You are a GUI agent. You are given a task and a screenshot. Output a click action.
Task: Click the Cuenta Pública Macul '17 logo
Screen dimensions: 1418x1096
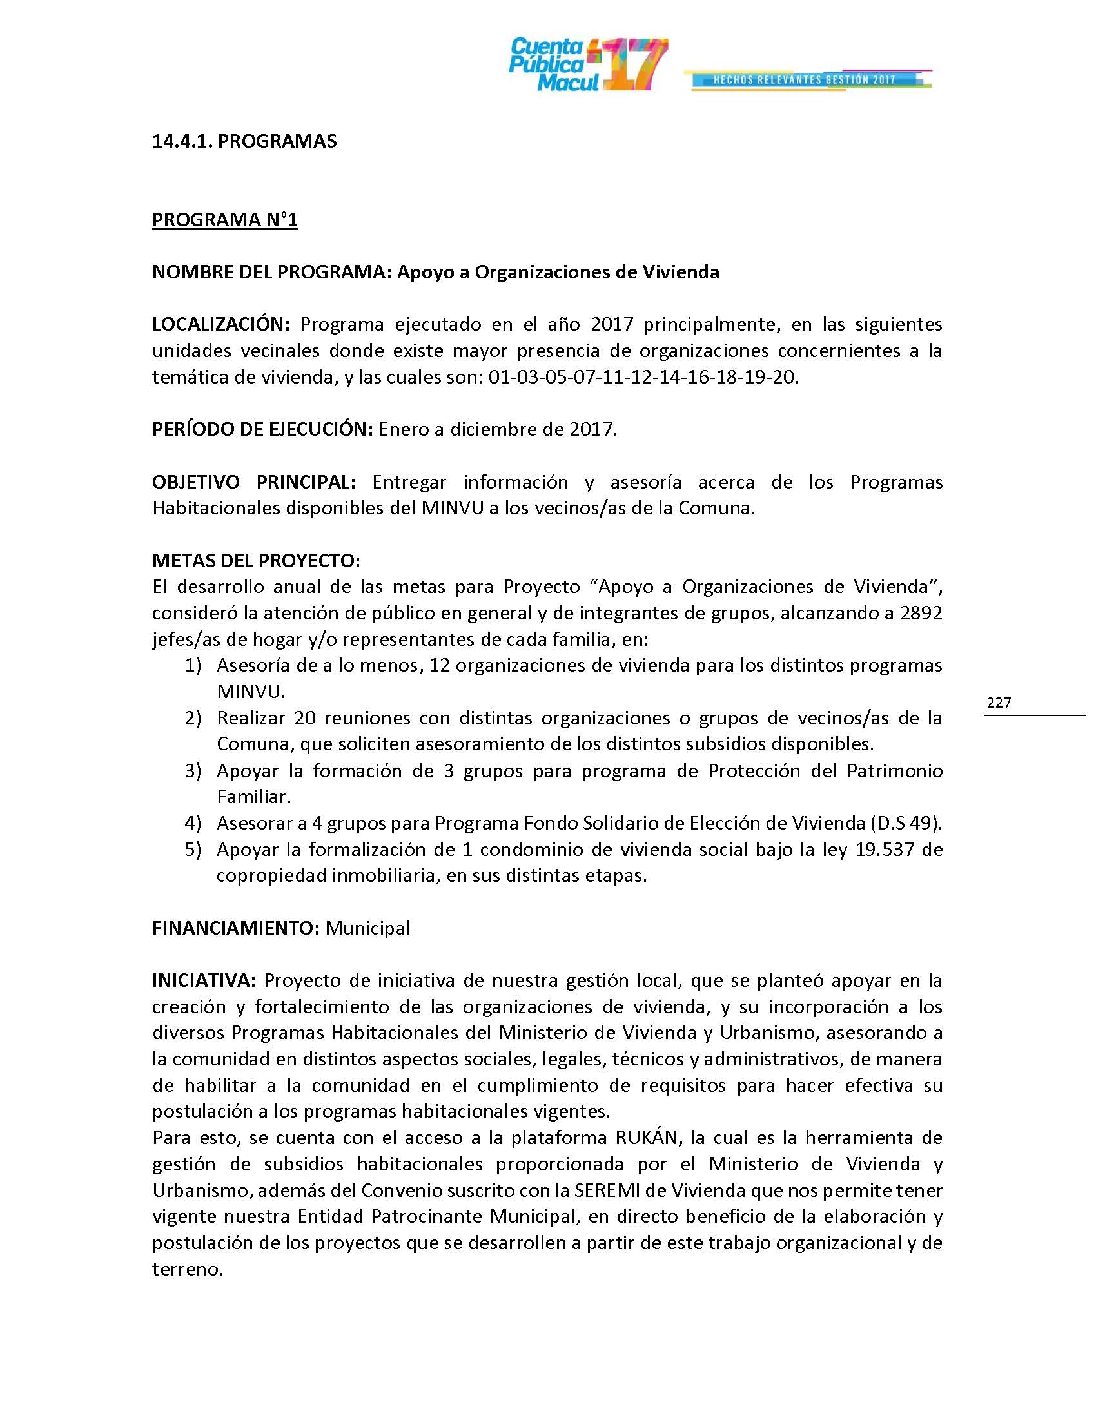tap(587, 64)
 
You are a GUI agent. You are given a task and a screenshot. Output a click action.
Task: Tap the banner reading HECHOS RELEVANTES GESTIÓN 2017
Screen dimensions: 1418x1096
tap(805, 79)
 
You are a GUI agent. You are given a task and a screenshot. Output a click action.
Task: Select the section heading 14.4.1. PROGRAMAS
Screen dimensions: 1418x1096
tap(244, 142)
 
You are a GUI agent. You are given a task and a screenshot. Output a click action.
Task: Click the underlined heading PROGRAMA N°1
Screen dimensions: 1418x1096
tap(224, 220)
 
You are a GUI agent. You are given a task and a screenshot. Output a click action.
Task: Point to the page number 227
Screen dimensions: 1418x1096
tap(999, 702)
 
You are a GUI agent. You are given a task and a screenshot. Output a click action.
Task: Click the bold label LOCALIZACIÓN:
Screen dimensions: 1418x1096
tap(220, 324)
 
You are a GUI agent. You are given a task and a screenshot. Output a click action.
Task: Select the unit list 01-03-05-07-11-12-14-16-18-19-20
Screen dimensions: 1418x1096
tap(642, 377)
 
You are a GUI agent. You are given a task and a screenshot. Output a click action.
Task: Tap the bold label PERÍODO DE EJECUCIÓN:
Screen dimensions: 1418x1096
tap(262, 429)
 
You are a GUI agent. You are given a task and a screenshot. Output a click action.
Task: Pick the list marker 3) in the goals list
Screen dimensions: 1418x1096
tap(193, 771)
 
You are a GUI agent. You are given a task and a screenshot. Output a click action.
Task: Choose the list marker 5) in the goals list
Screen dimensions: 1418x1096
tap(193, 850)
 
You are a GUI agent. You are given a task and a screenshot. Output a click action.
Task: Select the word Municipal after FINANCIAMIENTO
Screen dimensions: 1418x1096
tap(367, 928)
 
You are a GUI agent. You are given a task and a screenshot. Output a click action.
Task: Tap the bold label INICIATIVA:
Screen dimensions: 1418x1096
tap(204, 980)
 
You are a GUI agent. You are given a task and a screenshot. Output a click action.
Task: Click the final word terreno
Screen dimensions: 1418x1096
tap(187, 1269)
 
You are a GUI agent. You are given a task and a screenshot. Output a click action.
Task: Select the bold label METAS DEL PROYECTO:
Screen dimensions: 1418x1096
tap(256, 560)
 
